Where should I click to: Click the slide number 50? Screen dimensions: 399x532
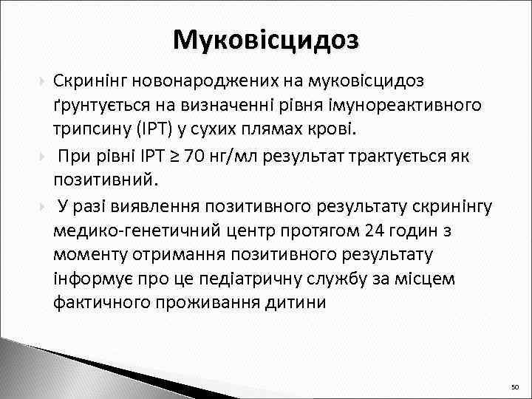coord(515,387)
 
